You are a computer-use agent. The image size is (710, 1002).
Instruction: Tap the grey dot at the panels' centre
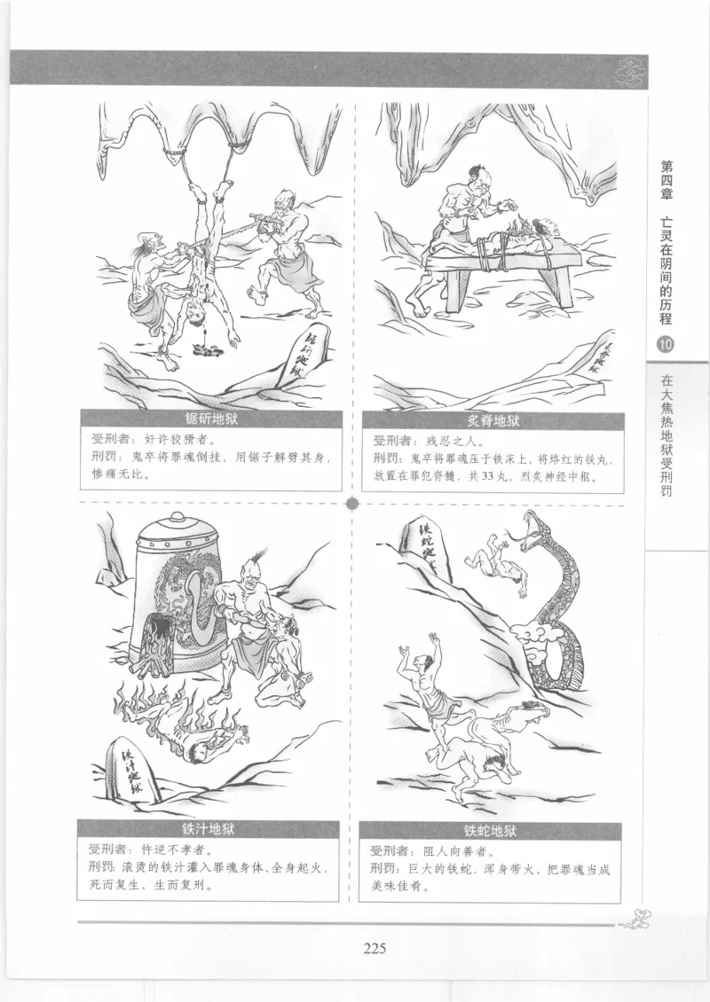352,505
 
